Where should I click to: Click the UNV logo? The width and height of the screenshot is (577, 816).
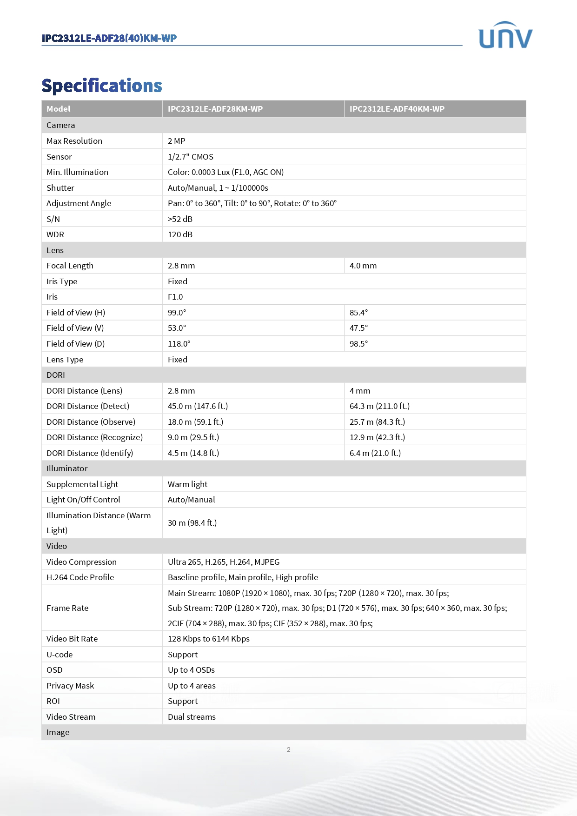coord(505,35)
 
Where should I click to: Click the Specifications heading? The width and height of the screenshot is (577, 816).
coord(102,86)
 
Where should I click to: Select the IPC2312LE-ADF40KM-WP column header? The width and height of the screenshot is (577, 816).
coord(397,109)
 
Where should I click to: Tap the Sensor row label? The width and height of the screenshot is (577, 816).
coord(59,157)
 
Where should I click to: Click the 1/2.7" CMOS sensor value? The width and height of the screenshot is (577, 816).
coord(190,157)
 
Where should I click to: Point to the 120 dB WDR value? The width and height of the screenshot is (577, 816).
coord(180,234)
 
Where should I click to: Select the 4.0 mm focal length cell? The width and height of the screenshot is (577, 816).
coord(363,266)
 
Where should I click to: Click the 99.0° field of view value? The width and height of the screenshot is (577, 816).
coord(177,313)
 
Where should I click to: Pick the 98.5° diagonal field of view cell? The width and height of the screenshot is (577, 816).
coord(358,344)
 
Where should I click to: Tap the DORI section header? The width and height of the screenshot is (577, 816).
coord(56,375)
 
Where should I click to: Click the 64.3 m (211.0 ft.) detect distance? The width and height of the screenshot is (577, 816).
coord(379,406)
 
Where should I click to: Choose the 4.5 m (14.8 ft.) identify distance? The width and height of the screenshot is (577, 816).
coord(193,453)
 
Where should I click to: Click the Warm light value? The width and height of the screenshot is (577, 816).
coord(187,484)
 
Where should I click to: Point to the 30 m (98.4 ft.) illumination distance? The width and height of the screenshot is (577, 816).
coord(192,523)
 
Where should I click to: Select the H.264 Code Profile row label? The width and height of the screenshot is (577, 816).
coord(80,577)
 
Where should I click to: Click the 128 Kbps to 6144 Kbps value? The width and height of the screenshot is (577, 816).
coord(208,639)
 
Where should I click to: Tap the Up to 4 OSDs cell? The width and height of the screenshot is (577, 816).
coord(191,670)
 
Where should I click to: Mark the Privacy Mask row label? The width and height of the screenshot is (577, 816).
coord(70,686)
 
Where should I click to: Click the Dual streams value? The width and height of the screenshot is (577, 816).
coord(192,717)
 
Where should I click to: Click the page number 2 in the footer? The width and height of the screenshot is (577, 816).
coord(288,749)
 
